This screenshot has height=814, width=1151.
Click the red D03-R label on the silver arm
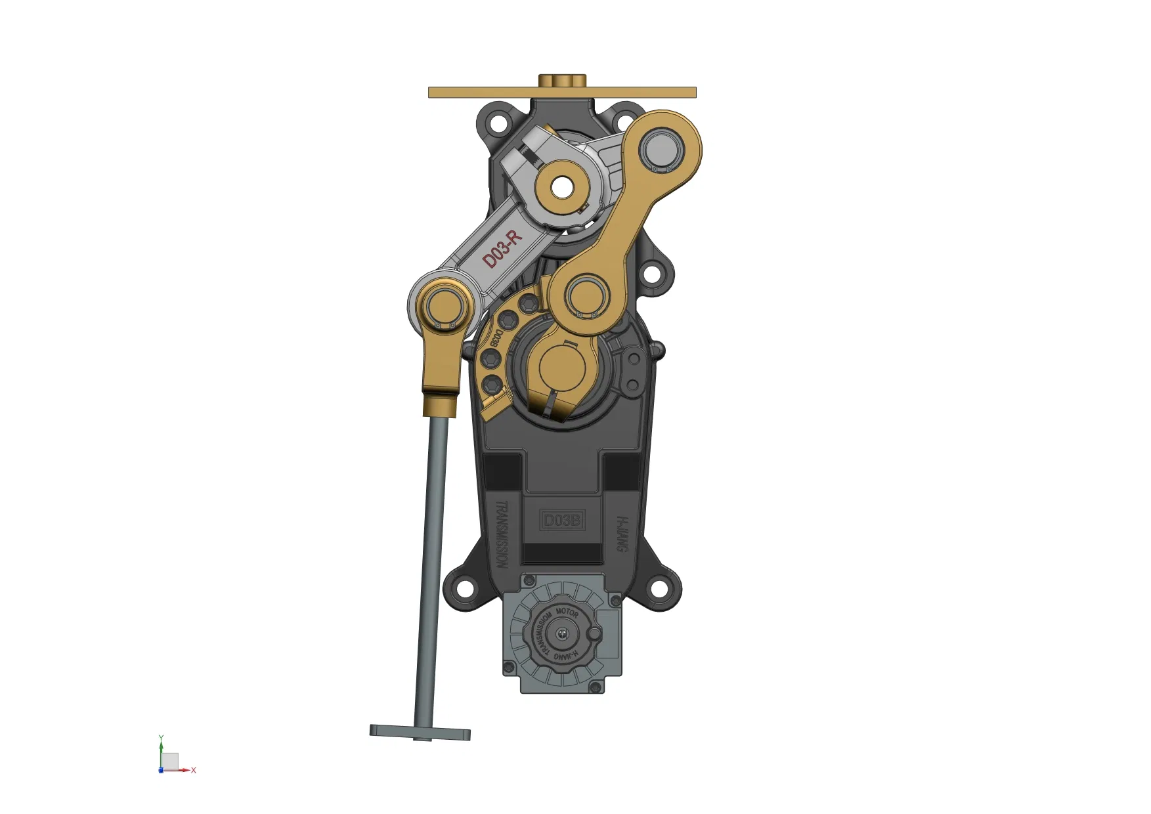pyautogui.click(x=502, y=249)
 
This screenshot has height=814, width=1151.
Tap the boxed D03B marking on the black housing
pyautogui.click(x=562, y=521)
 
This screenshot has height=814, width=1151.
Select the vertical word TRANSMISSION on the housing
pyautogui.click(x=502, y=535)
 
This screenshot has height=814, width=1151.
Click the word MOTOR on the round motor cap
pyautogui.click(x=567, y=612)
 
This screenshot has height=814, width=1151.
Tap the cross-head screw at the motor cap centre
pyautogui.click(x=562, y=633)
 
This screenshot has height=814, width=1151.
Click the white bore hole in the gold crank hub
pyautogui.click(x=561, y=187)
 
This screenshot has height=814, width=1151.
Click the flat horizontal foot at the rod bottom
pyautogui.click(x=420, y=733)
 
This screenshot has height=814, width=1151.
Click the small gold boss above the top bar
pyautogui.click(x=562, y=80)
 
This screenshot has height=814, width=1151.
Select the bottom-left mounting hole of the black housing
pyautogui.click(x=464, y=588)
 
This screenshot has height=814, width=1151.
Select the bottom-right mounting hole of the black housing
pyautogui.click(x=659, y=588)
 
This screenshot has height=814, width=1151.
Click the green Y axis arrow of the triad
pyautogui.click(x=161, y=742)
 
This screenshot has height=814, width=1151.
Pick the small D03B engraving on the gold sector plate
pyautogui.click(x=497, y=337)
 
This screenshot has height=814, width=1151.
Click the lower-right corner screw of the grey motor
pyautogui.click(x=596, y=687)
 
